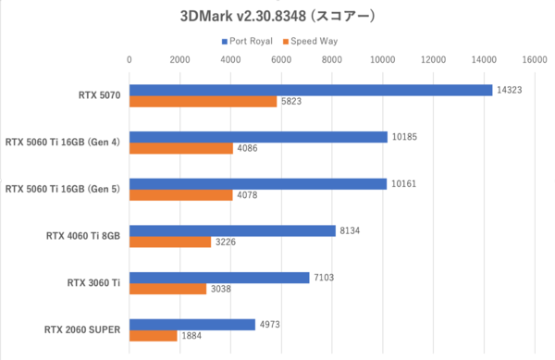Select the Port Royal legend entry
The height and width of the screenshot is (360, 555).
point(249,42)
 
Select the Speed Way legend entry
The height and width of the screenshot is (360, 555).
point(312,42)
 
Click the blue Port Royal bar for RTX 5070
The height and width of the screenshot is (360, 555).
point(310,90)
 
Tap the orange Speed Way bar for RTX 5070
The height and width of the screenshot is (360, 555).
point(203,101)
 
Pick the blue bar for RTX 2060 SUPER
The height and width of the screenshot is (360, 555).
point(191,325)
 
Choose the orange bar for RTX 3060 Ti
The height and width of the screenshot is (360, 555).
point(167,289)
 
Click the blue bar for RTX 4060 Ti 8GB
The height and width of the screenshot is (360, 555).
point(232,230)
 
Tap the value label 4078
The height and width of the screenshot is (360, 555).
point(248,195)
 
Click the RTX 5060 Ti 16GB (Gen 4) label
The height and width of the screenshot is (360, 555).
point(63,142)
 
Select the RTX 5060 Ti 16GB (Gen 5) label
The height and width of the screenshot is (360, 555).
point(63,189)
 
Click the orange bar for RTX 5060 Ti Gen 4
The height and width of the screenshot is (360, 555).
point(181,148)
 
